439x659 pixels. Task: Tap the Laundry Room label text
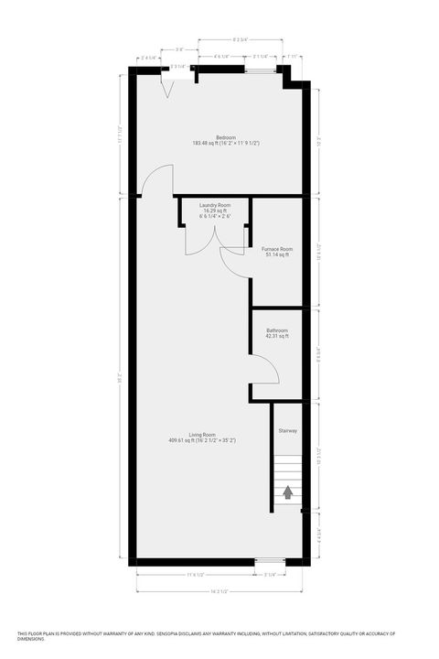(x=215, y=205)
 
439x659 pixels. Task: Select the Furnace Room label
(x=276, y=249)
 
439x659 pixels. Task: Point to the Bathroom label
(x=277, y=330)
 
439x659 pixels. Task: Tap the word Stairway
(x=288, y=430)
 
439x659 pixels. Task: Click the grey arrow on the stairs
(x=288, y=492)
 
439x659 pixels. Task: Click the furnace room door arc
(x=233, y=259)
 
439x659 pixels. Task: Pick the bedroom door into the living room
(x=157, y=178)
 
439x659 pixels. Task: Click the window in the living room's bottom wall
(x=268, y=560)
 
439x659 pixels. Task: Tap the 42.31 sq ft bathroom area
(x=277, y=337)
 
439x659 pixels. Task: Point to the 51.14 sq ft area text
(x=276, y=255)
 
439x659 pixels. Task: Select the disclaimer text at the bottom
(x=219, y=635)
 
